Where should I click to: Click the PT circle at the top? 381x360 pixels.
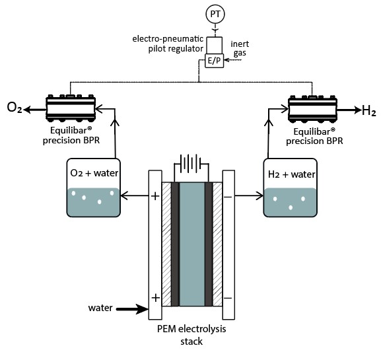pos(215,14)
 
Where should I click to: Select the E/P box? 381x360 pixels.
pos(214,61)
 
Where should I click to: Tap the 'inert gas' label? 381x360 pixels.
pos(240,49)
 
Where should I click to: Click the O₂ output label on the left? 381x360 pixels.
pos(15,108)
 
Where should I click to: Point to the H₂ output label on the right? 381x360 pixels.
pos(369,110)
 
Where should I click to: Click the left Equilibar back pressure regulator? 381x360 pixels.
pos(71,108)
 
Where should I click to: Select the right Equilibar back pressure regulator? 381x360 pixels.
pos(312,109)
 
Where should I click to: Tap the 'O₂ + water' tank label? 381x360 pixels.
pos(94,173)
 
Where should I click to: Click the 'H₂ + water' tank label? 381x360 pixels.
pos(291,174)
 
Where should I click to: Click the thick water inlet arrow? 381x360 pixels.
pos(132,309)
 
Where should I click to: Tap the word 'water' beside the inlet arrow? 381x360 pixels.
pos(100,308)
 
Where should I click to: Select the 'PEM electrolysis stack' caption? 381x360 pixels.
pos(191,335)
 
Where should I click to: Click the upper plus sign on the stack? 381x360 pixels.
pos(155,196)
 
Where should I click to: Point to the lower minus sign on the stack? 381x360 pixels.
pos(228,298)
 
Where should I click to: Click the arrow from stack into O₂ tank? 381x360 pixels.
pos(135,196)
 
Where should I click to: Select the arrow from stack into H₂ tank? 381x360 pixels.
pos(249,196)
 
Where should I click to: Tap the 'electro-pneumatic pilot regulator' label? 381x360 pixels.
pos(168,44)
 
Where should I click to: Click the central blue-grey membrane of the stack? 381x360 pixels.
pos(192,244)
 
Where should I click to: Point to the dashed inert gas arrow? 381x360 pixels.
pos(232,60)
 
